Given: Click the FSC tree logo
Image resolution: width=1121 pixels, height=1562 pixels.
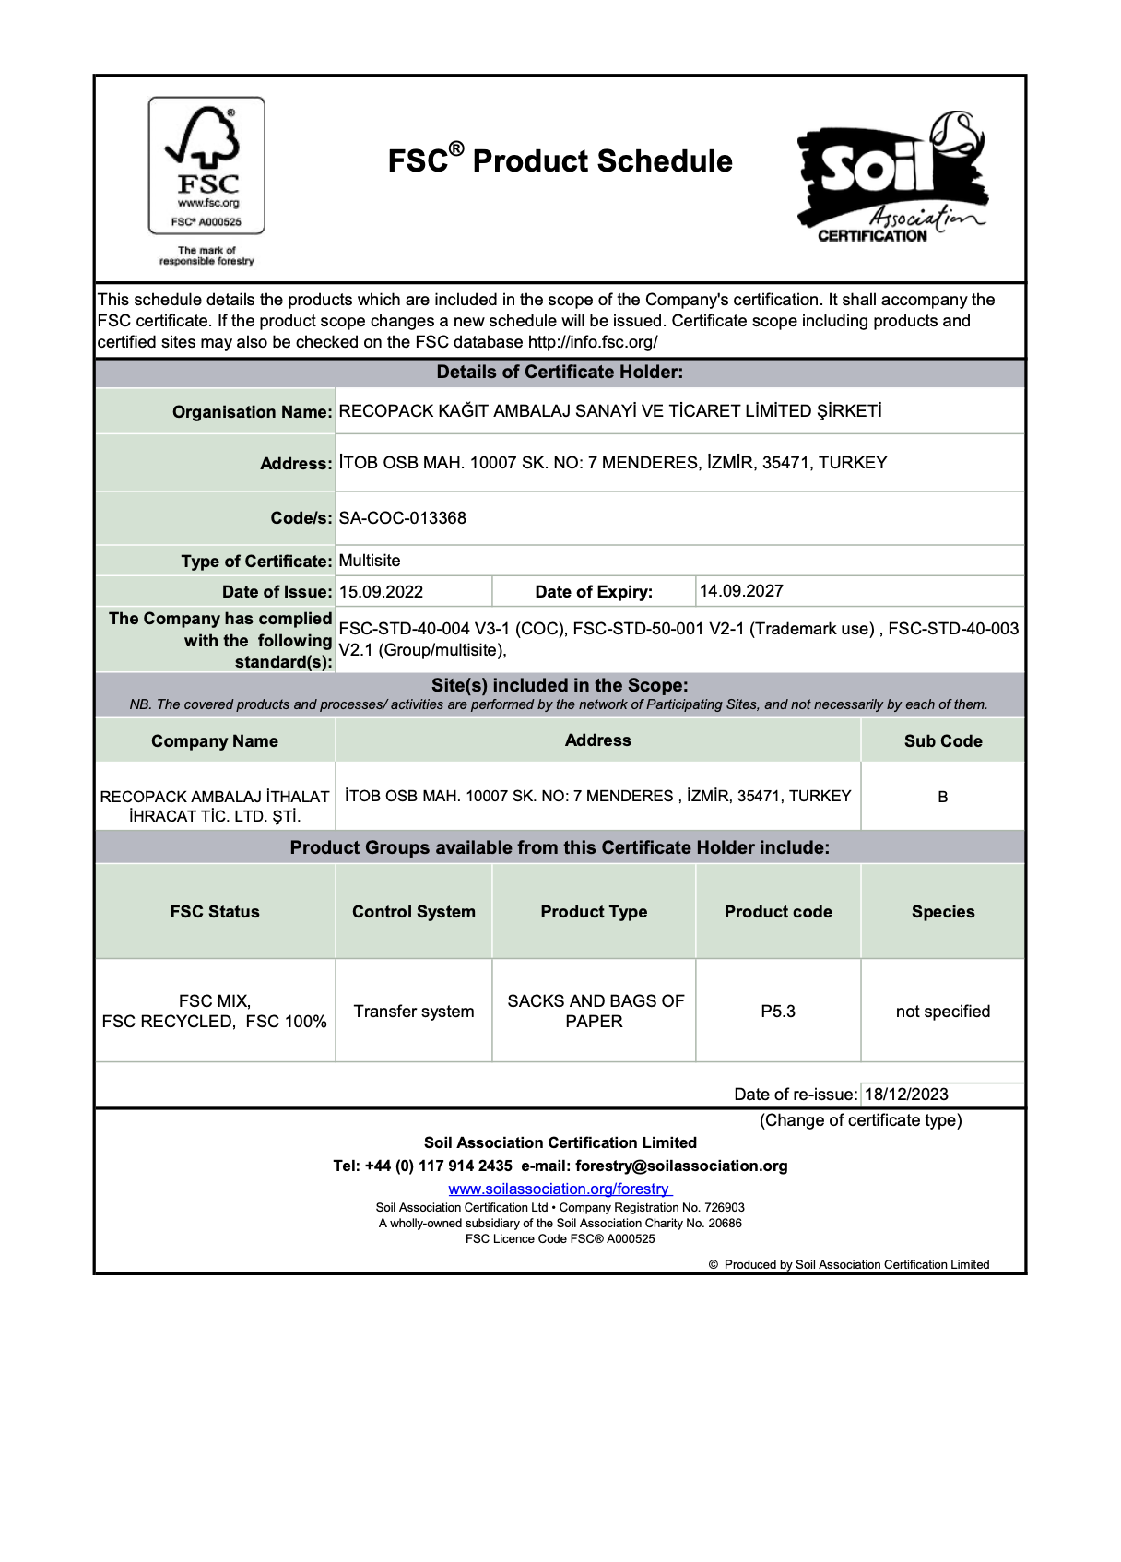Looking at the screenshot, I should tap(206, 165).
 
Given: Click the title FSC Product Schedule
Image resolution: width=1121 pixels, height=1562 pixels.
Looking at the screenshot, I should tap(560, 160).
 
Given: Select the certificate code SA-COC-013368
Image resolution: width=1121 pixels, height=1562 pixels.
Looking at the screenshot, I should tap(403, 518).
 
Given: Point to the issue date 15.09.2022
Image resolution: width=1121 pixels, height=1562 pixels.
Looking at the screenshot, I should tap(381, 591).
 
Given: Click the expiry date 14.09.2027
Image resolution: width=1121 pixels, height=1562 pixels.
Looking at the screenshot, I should tap(741, 590).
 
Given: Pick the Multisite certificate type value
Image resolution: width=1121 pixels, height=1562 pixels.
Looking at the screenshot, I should tap(370, 561).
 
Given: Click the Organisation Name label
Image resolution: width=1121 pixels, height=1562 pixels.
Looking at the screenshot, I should tap(252, 411).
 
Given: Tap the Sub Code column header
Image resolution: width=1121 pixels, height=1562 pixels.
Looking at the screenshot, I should tap(943, 741).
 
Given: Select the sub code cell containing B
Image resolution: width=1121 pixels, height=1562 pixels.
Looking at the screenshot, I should tap(942, 797).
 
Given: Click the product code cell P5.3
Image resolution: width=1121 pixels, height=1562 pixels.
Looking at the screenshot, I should tap(778, 1012).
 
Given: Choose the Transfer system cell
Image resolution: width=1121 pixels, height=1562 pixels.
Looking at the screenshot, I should tap(414, 1012).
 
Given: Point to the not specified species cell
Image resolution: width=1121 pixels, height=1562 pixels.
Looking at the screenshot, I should tap(942, 1012).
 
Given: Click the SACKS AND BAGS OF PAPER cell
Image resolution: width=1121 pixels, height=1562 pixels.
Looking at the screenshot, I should tap(595, 1012).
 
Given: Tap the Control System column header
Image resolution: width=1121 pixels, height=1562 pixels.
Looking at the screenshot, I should tap(414, 912).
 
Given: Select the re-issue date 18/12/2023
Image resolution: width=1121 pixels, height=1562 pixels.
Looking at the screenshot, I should tap(906, 1095).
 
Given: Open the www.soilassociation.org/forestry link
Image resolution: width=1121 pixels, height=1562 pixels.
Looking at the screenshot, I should tap(560, 1189).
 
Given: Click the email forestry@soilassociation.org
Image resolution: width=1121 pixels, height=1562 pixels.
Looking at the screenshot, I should tap(681, 1166).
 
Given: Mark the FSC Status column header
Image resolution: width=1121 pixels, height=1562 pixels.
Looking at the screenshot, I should tap(215, 912).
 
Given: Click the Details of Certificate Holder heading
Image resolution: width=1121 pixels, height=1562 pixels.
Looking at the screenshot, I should tap(560, 373).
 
